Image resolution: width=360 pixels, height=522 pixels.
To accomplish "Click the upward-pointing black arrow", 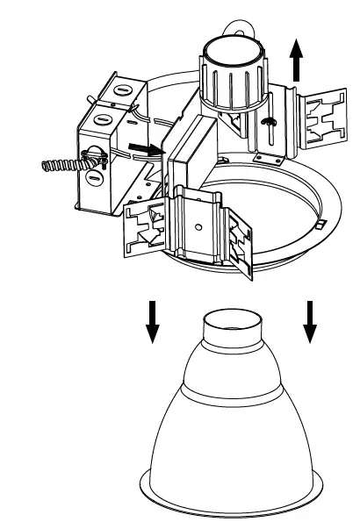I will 298,63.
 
